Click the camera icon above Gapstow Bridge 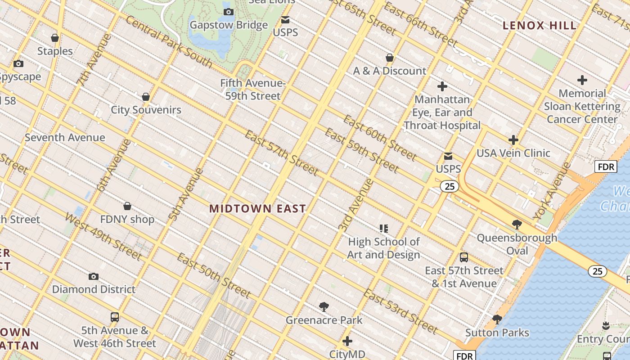[x=229, y=12]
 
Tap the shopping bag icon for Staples [x=55, y=38]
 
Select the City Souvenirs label [x=146, y=110]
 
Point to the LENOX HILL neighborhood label [x=540, y=26]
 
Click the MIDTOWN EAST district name [x=258, y=209]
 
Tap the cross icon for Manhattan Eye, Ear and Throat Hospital [x=442, y=86]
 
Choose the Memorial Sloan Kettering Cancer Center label [x=582, y=107]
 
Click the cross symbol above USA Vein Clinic [x=513, y=140]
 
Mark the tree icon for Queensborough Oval [x=517, y=224]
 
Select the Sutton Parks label [x=497, y=333]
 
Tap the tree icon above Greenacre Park [x=324, y=307]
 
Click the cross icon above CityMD [x=347, y=341]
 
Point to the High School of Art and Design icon [x=383, y=229]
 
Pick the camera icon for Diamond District [x=94, y=276]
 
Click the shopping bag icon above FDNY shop [x=127, y=206]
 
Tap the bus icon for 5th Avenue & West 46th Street [x=115, y=317]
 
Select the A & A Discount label [x=390, y=71]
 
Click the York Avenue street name [x=552, y=191]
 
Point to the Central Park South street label [x=169, y=41]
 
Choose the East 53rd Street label [x=400, y=312]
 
